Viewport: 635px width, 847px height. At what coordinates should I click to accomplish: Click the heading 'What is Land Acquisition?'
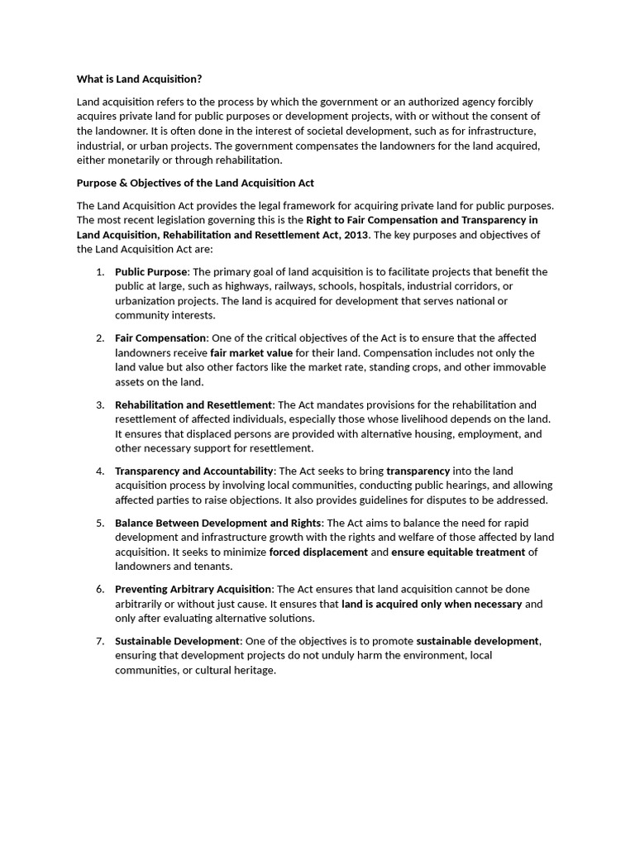(x=139, y=79)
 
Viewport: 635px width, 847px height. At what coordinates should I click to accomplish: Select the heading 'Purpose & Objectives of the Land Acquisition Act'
(x=195, y=183)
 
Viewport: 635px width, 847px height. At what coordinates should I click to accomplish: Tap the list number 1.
(x=99, y=272)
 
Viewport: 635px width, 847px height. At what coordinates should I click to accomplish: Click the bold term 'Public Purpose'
(x=151, y=272)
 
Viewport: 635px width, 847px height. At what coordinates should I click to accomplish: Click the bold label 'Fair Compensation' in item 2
(x=160, y=338)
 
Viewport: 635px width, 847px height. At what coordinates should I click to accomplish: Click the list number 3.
(x=99, y=405)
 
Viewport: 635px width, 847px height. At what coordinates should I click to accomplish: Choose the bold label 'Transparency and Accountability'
(x=194, y=471)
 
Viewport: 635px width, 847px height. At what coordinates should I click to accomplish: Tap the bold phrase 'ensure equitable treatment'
(x=458, y=553)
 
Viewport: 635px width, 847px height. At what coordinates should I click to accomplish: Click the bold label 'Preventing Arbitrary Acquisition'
(x=193, y=590)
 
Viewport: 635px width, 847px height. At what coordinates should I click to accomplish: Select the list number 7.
(x=99, y=642)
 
